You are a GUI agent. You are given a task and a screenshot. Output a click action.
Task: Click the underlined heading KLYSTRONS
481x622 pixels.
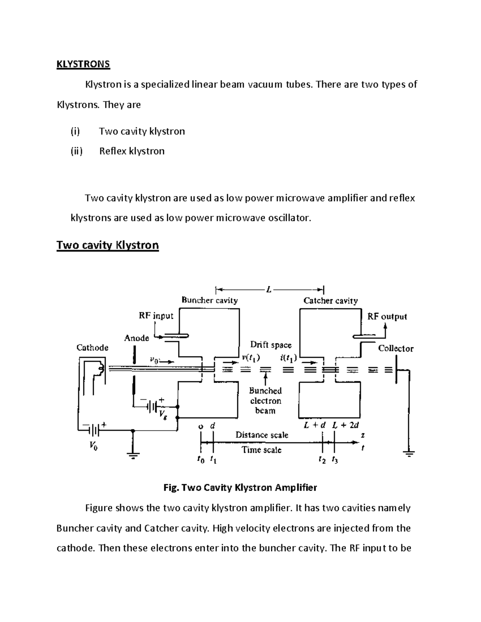click(x=83, y=64)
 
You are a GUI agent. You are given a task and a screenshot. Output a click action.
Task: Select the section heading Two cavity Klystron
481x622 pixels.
click(x=107, y=245)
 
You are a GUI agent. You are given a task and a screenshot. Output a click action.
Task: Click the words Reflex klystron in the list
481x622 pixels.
click(x=131, y=151)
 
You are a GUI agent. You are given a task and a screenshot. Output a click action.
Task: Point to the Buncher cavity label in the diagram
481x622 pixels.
click(x=209, y=300)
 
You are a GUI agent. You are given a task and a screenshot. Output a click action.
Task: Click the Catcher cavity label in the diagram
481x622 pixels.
click(x=330, y=300)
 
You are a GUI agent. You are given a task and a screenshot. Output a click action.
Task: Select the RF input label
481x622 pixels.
click(x=156, y=316)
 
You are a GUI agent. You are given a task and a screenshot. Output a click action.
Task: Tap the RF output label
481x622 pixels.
click(x=387, y=316)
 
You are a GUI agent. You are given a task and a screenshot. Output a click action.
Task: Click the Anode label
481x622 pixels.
click(x=136, y=338)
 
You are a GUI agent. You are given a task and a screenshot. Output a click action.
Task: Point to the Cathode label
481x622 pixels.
click(x=92, y=348)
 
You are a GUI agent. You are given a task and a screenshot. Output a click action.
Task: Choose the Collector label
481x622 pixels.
click(x=396, y=348)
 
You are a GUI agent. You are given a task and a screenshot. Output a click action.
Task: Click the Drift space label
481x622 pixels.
click(x=271, y=345)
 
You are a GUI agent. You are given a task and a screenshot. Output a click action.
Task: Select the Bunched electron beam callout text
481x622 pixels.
click(x=265, y=401)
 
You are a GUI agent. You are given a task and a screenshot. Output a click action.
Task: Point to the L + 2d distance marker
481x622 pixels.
click(x=346, y=425)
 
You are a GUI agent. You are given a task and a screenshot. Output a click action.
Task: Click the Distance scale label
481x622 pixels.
click(x=261, y=435)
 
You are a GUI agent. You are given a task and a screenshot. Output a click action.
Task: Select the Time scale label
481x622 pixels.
click(x=261, y=450)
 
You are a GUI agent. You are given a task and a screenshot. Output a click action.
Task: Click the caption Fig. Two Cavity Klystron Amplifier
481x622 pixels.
click(x=240, y=487)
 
